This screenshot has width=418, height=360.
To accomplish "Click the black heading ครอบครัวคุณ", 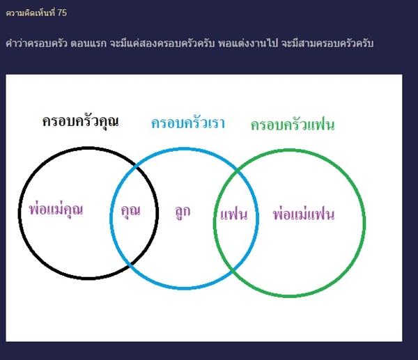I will click(x=79, y=121).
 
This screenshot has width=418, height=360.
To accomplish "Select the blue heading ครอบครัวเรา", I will click(x=187, y=123).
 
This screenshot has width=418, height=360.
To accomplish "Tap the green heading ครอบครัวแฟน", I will click(x=293, y=125).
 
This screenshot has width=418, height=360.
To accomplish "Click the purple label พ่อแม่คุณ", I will click(x=56, y=209).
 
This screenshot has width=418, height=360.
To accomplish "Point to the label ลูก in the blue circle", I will click(x=183, y=211).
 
